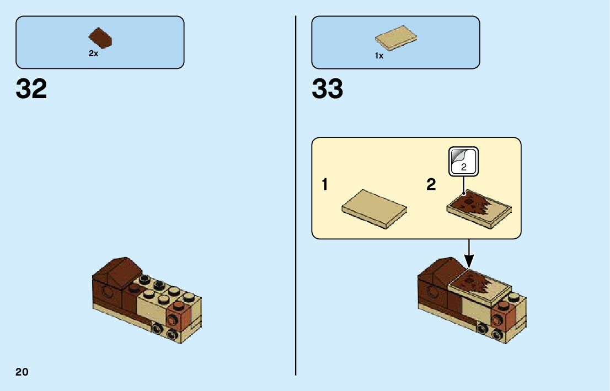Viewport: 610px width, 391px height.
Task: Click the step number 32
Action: (x=31, y=89)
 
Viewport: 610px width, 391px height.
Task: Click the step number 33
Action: (x=327, y=89)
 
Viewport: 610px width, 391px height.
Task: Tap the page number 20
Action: (x=22, y=372)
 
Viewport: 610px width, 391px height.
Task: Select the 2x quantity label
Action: (x=93, y=54)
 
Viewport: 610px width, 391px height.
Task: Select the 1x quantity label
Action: (x=379, y=56)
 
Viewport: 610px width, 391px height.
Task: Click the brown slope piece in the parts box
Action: (x=101, y=38)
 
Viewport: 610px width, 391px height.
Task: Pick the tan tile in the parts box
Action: (x=395, y=38)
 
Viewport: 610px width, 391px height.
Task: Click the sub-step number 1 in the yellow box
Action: (x=325, y=185)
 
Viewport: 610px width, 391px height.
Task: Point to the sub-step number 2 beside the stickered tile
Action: (x=431, y=185)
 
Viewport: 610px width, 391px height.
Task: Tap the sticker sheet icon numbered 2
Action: (x=463, y=161)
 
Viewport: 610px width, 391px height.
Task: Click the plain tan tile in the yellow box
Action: (x=374, y=209)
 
